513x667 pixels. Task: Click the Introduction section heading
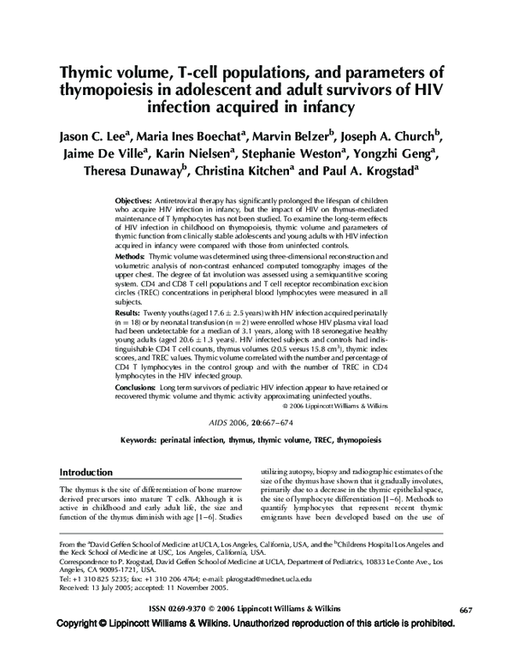click(85, 472)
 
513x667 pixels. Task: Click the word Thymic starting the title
click(90, 71)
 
